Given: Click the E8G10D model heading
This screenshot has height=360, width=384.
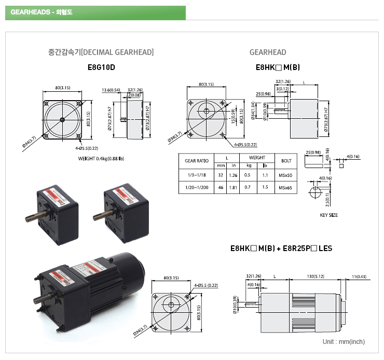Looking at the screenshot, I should (x=101, y=67).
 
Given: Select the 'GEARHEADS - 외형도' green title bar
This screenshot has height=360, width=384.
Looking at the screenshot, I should (x=95, y=12).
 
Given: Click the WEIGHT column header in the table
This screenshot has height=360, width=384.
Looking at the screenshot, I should (x=257, y=158).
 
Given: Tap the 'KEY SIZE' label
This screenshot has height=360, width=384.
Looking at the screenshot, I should (x=328, y=215).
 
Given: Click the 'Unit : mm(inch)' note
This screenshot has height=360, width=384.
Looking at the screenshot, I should (x=344, y=342).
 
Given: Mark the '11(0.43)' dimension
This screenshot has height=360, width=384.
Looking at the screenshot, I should (x=358, y=276).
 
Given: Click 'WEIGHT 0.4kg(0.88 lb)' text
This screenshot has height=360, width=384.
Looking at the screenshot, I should (x=101, y=158).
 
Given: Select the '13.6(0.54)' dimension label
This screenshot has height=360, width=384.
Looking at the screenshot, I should (x=111, y=90).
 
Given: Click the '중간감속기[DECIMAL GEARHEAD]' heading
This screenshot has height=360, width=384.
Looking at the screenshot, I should (x=101, y=52).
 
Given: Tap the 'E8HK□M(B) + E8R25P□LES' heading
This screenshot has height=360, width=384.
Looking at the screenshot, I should (x=281, y=248).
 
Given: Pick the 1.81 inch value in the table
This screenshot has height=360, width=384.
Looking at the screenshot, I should (x=234, y=187).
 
